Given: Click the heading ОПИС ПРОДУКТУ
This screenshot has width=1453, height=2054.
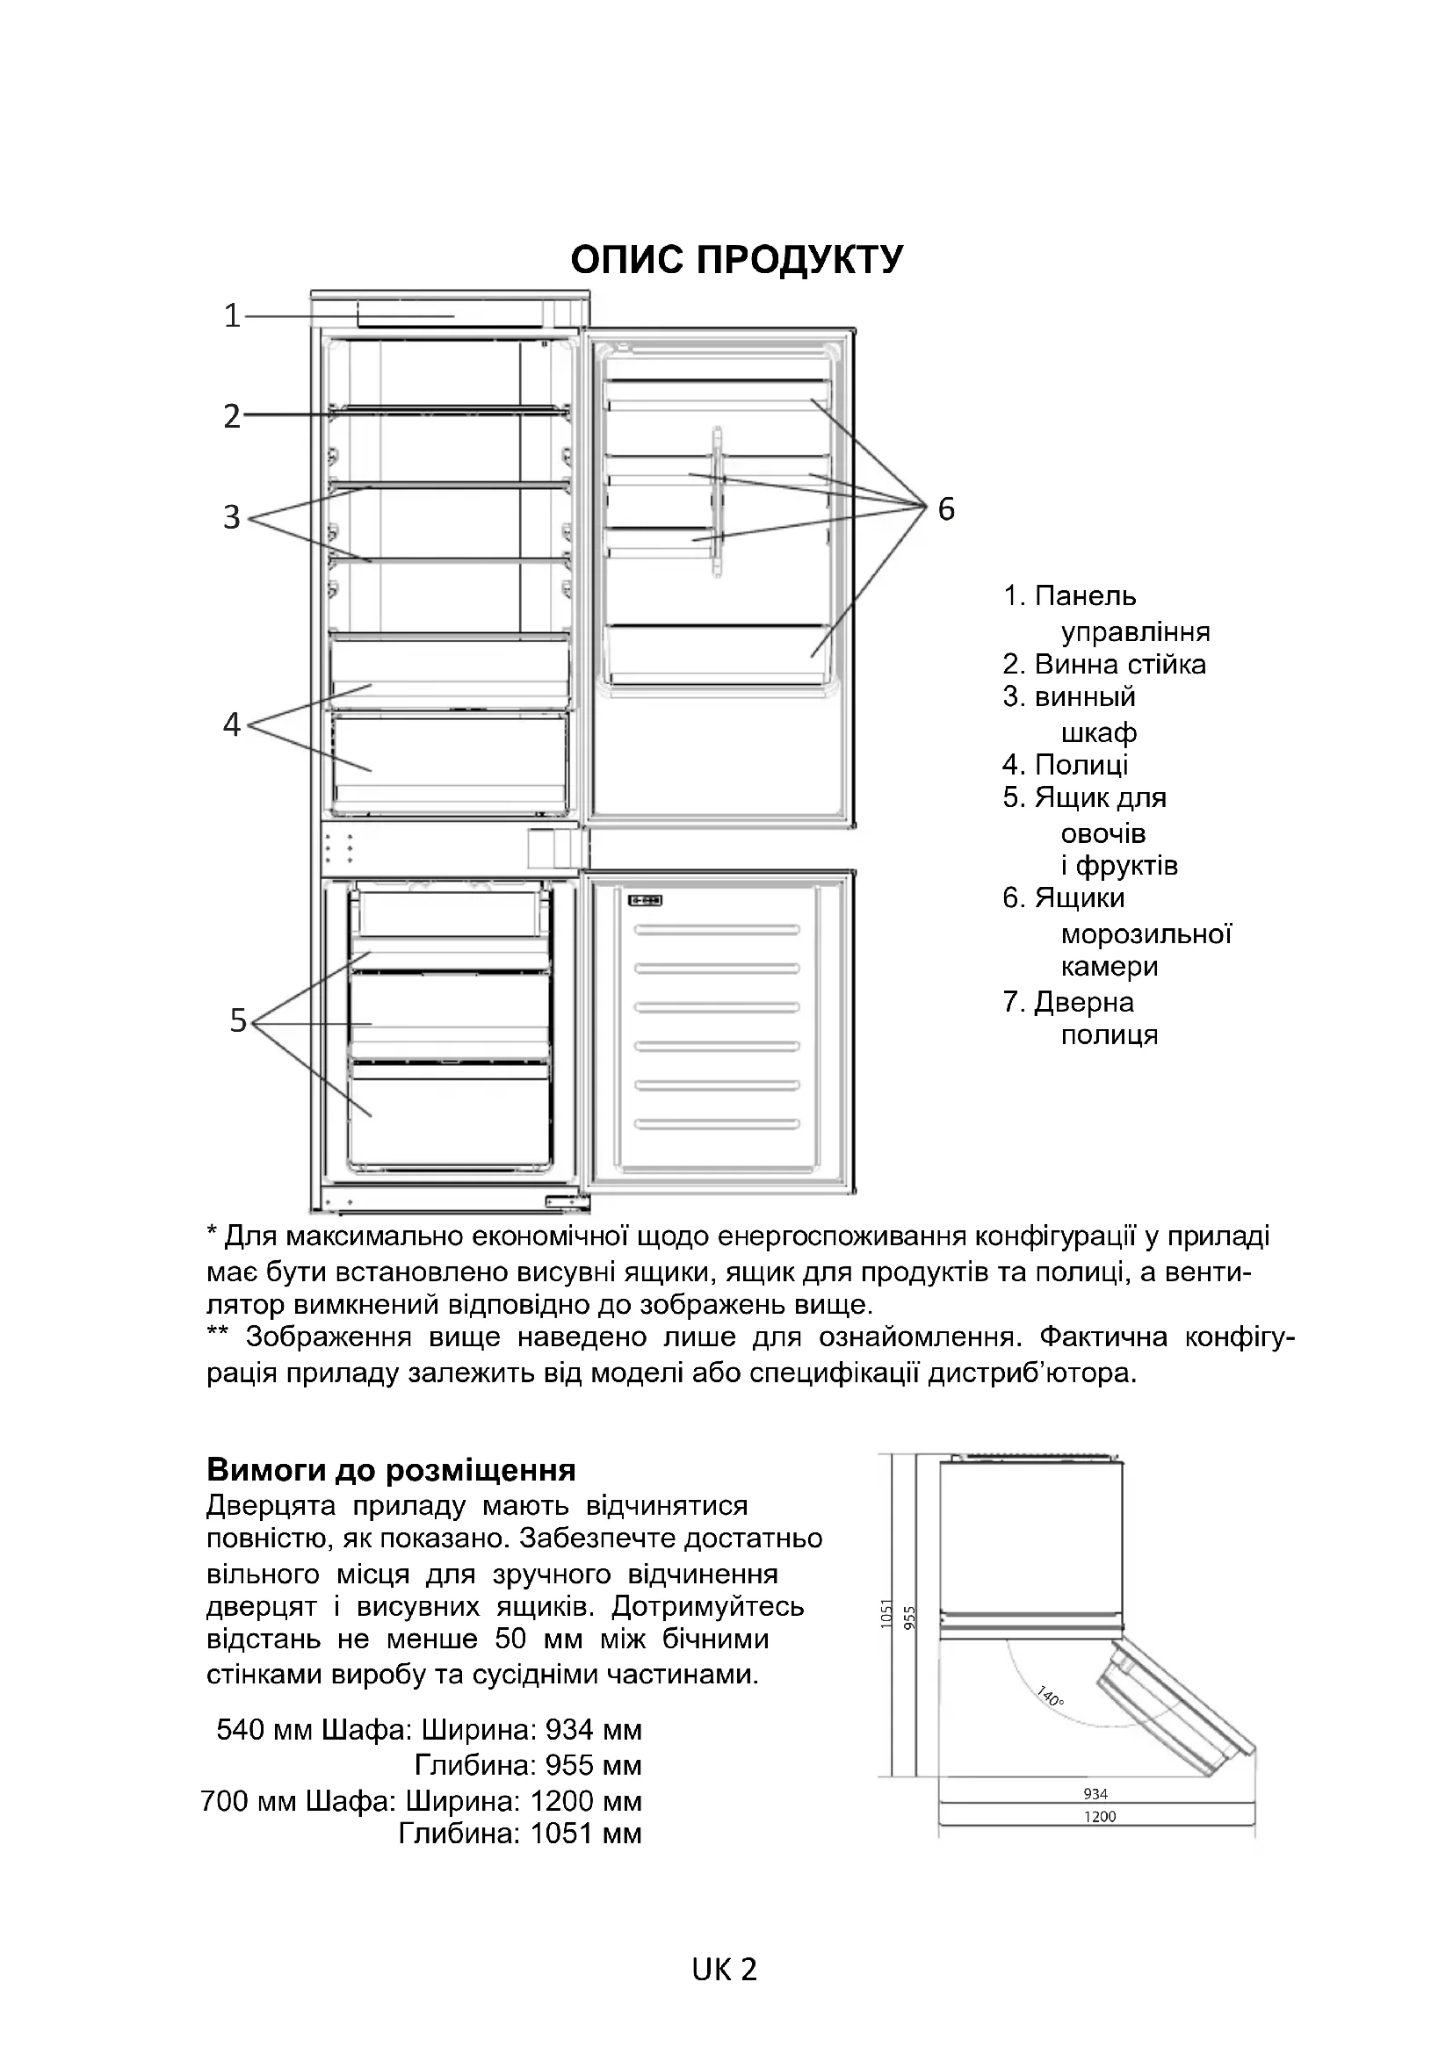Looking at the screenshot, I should [736, 259].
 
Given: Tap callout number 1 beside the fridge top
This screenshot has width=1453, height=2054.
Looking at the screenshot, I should [232, 316].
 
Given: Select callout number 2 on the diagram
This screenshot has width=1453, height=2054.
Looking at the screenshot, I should [232, 416].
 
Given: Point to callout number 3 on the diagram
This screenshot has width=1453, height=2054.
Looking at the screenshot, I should [232, 517].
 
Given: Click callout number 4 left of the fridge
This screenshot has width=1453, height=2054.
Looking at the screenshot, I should [232, 724].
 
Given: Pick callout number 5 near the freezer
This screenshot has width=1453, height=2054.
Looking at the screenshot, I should [238, 1020].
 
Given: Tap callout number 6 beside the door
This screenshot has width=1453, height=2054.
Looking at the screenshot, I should [947, 509].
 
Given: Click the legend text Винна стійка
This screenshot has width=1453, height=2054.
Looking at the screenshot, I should [1119, 665].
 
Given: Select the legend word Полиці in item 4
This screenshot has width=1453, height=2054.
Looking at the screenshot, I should [1081, 765].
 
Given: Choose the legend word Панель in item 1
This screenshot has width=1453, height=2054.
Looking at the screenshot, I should [1084, 595].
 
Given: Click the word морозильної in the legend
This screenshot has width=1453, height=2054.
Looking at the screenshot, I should [1146, 934].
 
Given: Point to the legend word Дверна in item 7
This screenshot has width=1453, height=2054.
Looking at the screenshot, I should [1083, 1002].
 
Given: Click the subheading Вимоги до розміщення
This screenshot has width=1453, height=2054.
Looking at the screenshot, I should [391, 1470].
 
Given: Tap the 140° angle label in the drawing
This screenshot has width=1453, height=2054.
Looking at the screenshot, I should [1050, 1695].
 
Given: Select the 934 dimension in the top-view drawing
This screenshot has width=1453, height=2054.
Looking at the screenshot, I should [1095, 1793].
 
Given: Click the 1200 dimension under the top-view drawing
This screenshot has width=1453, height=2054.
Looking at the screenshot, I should [1100, 1816].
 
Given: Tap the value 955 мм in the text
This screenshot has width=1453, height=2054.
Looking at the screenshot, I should [586, 1765].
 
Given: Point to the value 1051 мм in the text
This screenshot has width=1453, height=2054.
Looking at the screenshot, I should [586, 1833].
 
